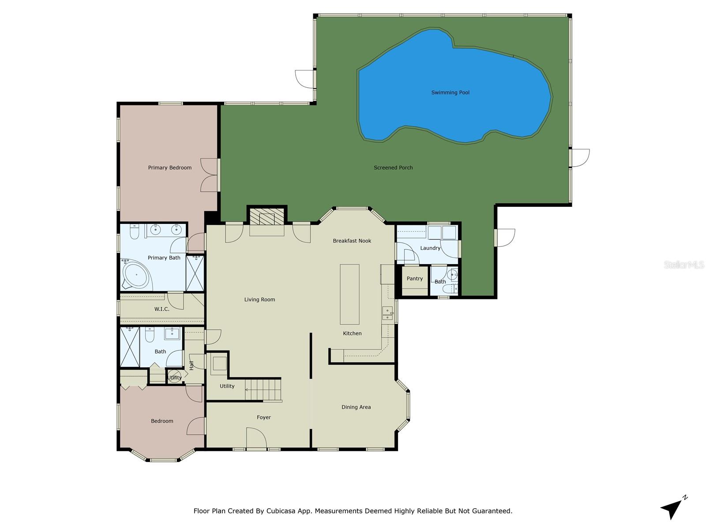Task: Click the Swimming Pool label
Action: pos(450,93)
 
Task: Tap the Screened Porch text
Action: pos(393,168)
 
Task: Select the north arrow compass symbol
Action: pos(673,508)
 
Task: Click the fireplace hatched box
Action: pos(267,216)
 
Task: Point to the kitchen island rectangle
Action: pos(349,294)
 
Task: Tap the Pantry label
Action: pos(414,279)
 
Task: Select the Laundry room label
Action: pos(430,248)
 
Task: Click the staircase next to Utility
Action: pos(263,390)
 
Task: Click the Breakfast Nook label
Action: pos(352,241)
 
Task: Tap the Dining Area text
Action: pos(356,407)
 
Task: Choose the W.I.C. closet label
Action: pos(161,309)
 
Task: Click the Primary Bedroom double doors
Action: pos(210,175)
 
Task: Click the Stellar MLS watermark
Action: pos(683,265)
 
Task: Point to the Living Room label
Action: pos(259,300)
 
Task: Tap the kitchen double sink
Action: pos(387,313)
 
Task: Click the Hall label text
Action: pos(192,365)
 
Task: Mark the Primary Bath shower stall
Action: pos(195,273)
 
